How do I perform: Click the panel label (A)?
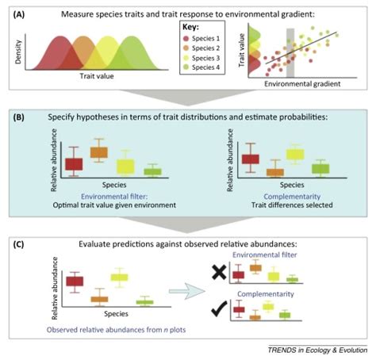pyautogui.click(x=15, y=13)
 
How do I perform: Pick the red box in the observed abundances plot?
pyautogui.click(x=75, y=281)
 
